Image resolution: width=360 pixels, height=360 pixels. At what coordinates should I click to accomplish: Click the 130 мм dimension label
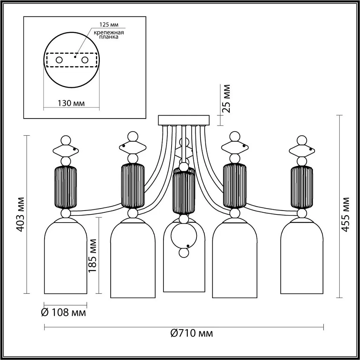click(x=71, y=103)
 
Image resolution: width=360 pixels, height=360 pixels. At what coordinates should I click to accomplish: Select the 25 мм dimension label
click(x=227, y=98)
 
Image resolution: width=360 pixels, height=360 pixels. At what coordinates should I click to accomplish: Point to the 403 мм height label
click(x=21, y=213)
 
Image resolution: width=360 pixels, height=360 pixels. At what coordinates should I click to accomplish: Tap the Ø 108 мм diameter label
click(x=64, y=312)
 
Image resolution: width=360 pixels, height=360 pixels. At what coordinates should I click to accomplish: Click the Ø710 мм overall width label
click(x=192, y=333)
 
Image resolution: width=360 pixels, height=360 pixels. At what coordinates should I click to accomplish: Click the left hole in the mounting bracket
click(x=59, y=60)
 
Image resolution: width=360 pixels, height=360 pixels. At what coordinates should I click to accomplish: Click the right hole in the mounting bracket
click(x=85, y=60)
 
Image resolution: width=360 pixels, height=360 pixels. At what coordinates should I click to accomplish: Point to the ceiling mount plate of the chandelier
click(x=184, y=120)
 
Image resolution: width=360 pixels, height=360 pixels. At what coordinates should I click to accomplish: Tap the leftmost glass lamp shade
click(x=65, y=257)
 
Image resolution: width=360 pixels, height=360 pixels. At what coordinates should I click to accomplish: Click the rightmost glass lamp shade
click(x=302, y=257)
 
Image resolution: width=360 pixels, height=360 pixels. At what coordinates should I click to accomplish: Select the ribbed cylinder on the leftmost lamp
click(x=65, y=187)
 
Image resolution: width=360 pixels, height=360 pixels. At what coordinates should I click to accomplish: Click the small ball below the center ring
click(x=184, y=253)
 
